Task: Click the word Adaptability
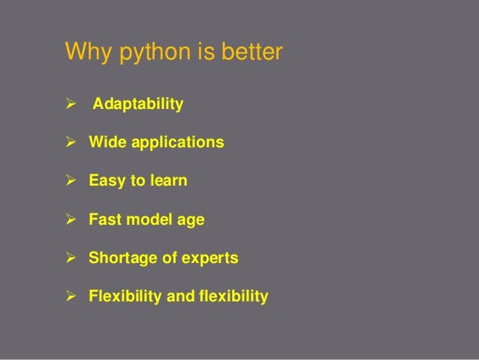click(x=137, y=104)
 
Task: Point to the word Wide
click(x=107, y=141)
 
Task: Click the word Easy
click(x=107, y=181)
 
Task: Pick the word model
click(x=149, y=219)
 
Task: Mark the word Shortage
click(x=120, y=259)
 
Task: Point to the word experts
click(x=211, y=259)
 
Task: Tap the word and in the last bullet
click(x=179, y=297)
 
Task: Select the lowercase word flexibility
click(x=233, y=297)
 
